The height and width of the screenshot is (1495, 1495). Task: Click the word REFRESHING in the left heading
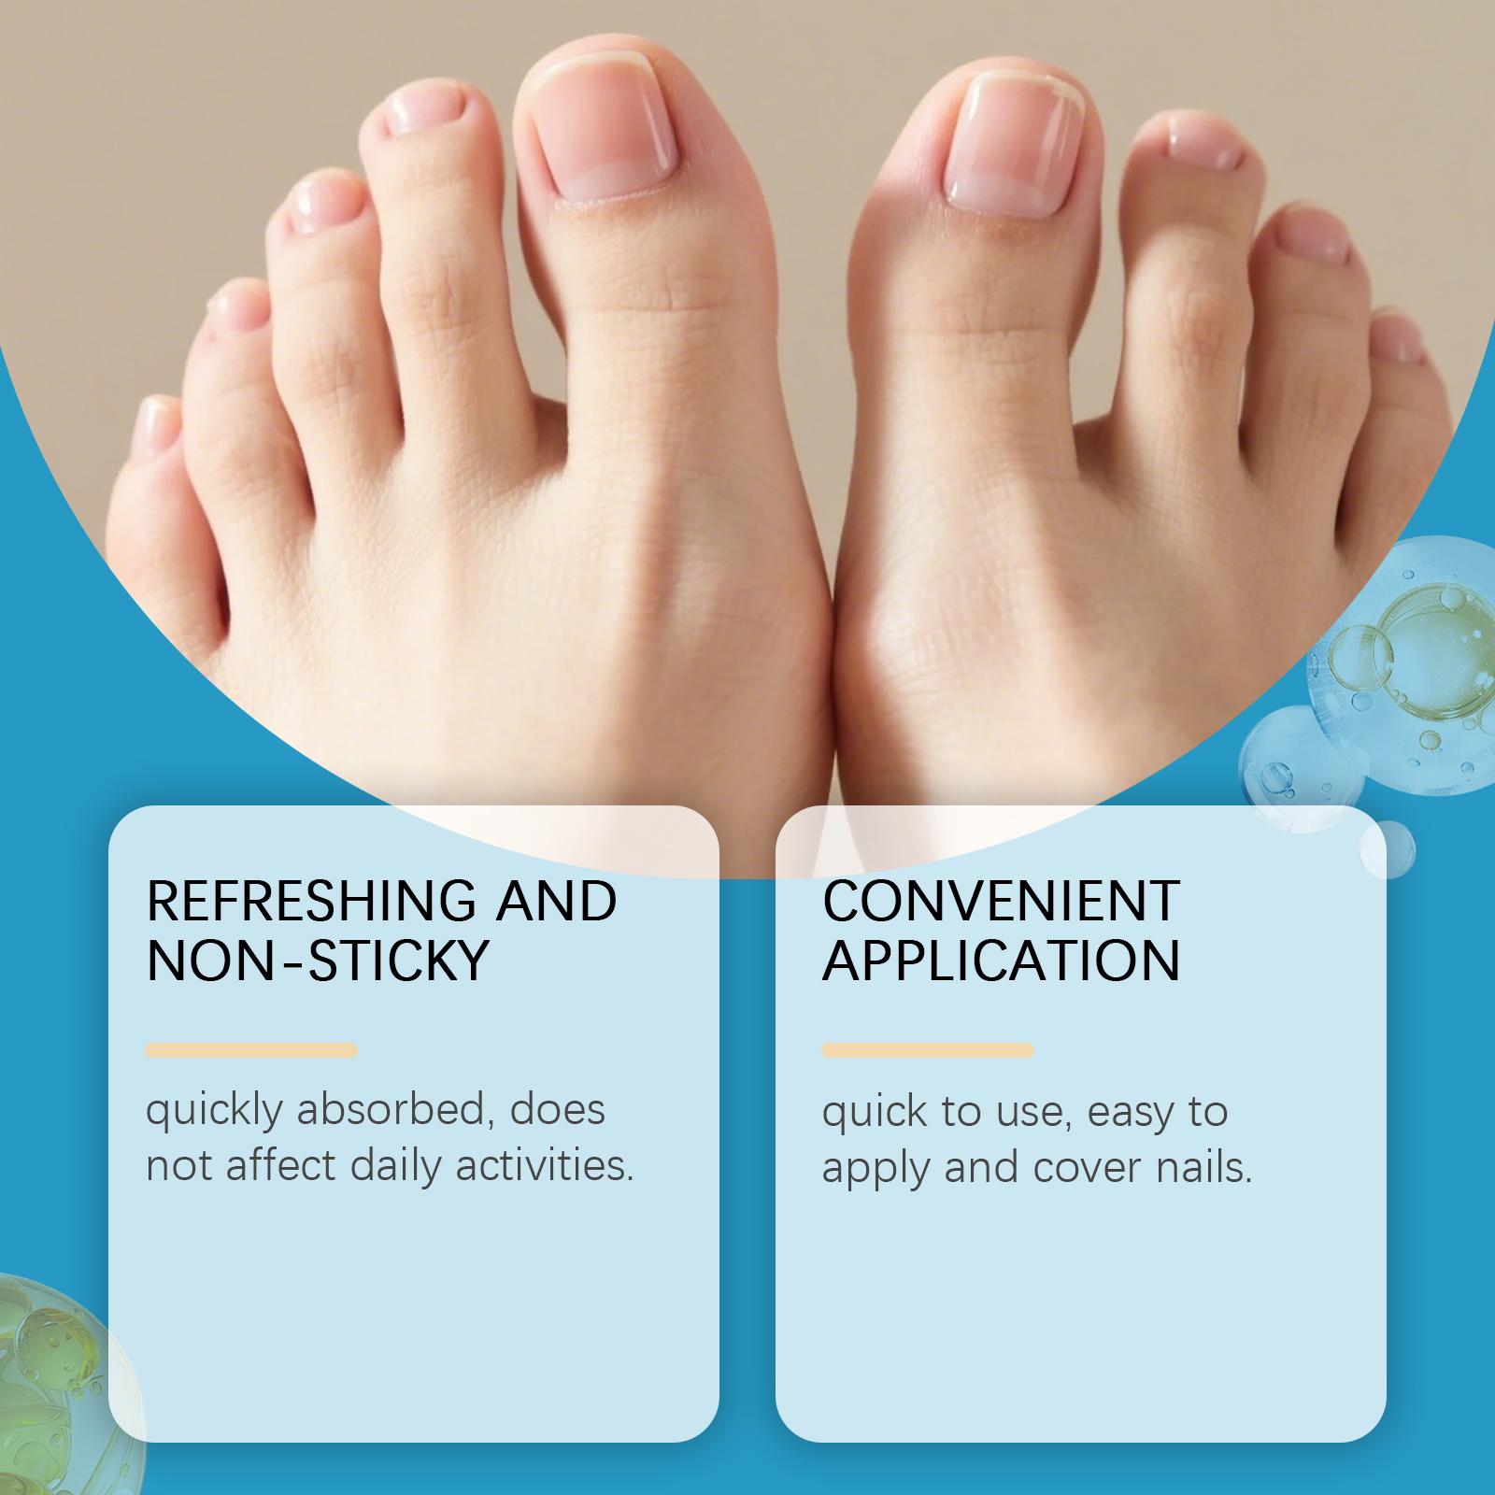312,900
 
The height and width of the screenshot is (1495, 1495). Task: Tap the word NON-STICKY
318,960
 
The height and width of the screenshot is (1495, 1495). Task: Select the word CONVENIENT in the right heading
1001,900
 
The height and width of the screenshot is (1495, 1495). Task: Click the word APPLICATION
1001,960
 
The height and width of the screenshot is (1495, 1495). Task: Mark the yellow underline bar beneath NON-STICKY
251,1050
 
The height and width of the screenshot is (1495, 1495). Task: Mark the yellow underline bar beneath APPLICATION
928,1050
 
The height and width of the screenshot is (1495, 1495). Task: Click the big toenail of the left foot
605,131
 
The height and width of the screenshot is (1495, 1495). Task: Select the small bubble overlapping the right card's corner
1388,849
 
